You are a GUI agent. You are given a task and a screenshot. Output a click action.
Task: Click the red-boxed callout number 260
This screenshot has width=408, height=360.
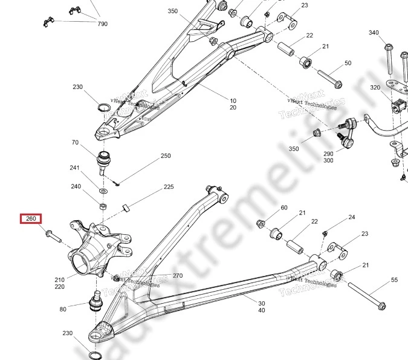click(x=31, y=219)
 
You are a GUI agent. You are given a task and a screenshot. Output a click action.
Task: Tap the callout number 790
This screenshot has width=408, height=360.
click(x=102, y=24)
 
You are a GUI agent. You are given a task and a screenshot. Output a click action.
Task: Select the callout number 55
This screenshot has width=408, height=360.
click(x=394, y=280)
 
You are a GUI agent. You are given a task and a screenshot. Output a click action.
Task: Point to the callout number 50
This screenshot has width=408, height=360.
click(x=348, y=63)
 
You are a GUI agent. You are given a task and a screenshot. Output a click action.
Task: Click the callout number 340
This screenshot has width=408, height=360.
click(x=374, y=33)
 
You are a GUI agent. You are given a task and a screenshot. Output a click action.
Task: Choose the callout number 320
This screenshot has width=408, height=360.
click(x=375, y=88)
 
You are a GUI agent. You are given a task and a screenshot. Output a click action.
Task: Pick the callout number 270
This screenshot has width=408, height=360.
click(x=177, y=276)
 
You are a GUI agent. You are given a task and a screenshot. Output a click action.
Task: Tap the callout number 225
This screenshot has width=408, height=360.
click(x=169, y=188)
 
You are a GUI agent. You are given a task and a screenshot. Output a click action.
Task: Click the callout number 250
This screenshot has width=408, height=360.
click(x=166, y=156)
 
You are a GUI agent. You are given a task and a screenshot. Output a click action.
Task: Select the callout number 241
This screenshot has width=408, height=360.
click(x=75, y=168)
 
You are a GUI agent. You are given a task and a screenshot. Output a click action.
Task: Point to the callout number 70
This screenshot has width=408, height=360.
click(x=75, y=143)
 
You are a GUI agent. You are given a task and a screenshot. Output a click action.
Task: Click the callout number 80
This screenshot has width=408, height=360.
click(x=63, y=309)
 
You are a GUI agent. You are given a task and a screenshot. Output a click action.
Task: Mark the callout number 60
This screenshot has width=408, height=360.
click(x=283, y=208)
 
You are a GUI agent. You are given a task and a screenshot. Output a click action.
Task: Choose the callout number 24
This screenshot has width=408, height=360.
click(x=352, y=217)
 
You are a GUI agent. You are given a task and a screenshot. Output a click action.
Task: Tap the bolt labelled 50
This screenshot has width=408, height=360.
click(x=329, y=79)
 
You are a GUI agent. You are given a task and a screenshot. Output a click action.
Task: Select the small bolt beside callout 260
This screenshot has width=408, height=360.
click(x=53, y=234)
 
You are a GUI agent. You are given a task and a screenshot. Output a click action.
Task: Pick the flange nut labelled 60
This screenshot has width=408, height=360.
click(x=262, y=224)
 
